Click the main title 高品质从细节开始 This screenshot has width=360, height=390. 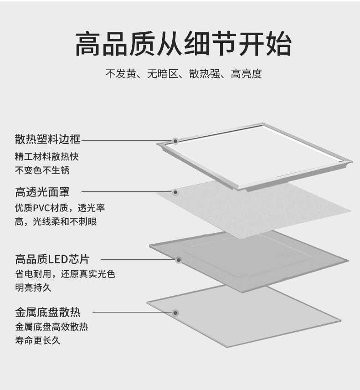point(183,44)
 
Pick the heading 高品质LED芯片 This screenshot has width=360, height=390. point(52,259)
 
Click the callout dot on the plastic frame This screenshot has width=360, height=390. point(175,141)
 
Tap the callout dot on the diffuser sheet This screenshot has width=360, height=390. point(175,192)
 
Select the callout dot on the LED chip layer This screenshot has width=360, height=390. point(179,260)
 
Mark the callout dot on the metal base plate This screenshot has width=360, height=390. point(175,313)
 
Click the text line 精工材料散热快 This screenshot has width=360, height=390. point(46,156)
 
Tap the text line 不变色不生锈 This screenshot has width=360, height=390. point(42,170)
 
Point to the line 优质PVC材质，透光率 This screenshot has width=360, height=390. point(60,208)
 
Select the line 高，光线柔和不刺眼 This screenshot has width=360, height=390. point(56,222)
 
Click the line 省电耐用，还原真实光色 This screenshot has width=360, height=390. point(65,274)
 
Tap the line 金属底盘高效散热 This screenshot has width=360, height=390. point(51,327)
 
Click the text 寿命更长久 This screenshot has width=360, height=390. point(38,340)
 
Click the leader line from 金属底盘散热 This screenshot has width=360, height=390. point(132,313)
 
